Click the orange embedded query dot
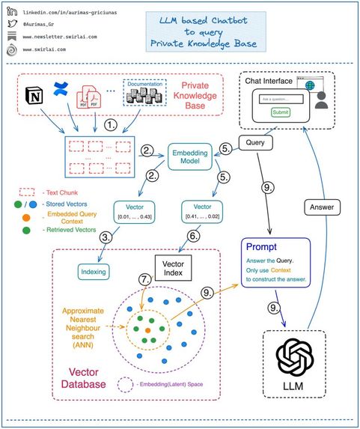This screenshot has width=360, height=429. [147, 329]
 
